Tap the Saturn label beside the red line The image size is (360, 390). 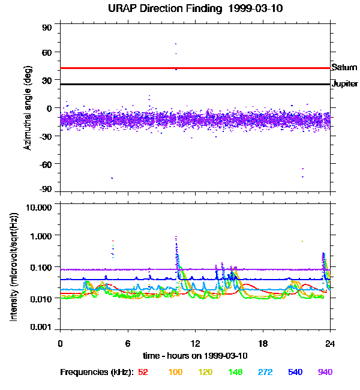(x=344, y=67)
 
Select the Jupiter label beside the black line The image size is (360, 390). (x=345, y=84)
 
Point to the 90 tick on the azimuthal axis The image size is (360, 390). (x=47, y=28)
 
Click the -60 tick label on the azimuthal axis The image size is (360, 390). (x=45, y=164)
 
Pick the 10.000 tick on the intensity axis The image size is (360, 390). (x=39, y=208)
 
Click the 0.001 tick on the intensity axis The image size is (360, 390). (x=41, y=327)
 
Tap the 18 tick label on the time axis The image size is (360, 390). (x=263, y=344)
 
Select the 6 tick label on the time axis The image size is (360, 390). (x=128, y=344)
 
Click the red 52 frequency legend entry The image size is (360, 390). (x=143, y=372)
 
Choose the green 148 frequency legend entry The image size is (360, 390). (x=235, y=372)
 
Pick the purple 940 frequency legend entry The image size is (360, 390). (x=325, y=372)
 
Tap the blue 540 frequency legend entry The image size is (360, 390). (x=295, y=372)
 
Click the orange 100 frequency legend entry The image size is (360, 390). (x=175, y=372)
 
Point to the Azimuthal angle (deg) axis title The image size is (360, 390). (x=28, y=108)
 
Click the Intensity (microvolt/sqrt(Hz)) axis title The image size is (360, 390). (x=14, y=267)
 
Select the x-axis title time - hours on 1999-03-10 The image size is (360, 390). (x=196, y=356)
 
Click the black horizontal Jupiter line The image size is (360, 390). (x=196, y=85)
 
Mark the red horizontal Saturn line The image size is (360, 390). (x=196, y=68)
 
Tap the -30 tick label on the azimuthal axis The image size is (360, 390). (x=45, y=136)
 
